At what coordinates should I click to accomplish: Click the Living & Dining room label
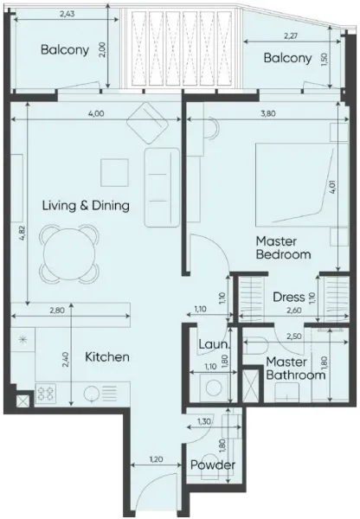(87, 206)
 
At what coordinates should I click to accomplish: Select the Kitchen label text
(107, 356)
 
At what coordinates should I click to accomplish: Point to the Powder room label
(213, 465)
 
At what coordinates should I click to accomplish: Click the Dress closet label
(289, 297)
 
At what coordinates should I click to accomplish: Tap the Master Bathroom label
(295, 368)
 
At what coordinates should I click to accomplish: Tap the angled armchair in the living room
(149, 123)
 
